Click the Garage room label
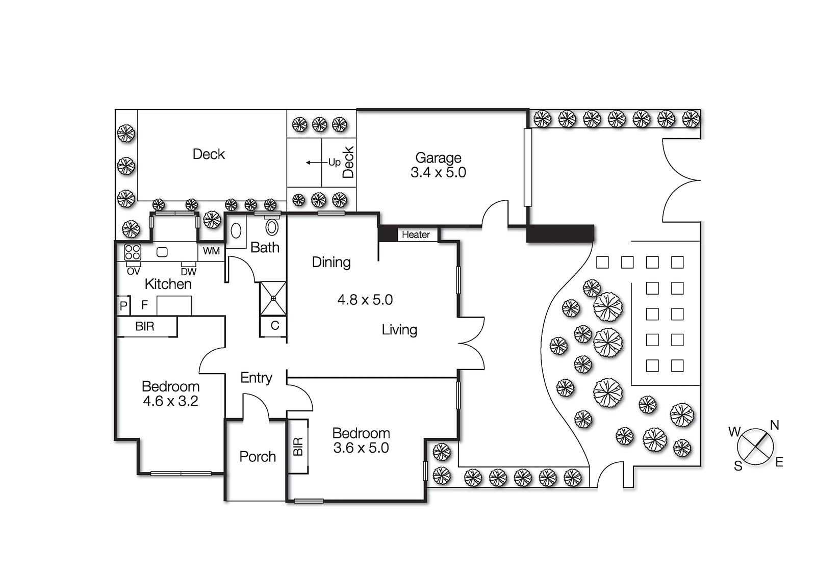tap(438, 158)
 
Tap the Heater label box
tap(416, 235)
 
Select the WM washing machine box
tap(211, 251)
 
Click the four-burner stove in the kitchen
tap(133, 252)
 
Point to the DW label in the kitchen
tap(188, 272)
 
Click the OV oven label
tap(133, 272)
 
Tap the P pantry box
tap(123, 306)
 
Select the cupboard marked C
tap(274, 326)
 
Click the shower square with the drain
tap(273, 298)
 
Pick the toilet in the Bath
tap(272, 226)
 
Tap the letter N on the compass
tap(774, 425)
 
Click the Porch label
tap(258, 457)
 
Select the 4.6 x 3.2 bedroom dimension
tap(170, 401)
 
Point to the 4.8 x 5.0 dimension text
tap(365, 300)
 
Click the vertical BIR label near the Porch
tap(298, 447)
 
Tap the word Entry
tap(256, 378)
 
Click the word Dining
tap(331, 263)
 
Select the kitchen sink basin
tap(162, 252)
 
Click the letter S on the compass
tap(738, 466)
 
